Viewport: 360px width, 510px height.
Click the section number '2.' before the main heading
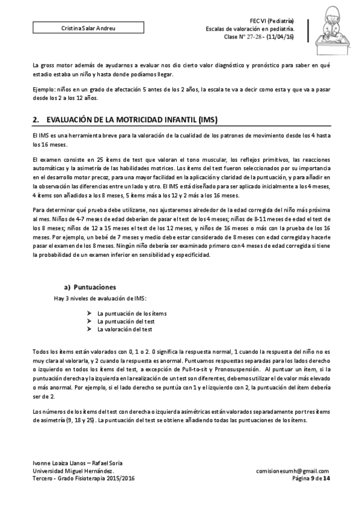pyautogui.click(x=35, y=120)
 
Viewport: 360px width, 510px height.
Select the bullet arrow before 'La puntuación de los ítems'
pyautogui.click(x=89, y=313)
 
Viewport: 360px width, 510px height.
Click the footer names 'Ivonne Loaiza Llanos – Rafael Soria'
pyautogui.click(x=78, y=462)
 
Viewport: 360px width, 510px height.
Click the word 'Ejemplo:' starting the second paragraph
pyautogui.click(x=44, y=88)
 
